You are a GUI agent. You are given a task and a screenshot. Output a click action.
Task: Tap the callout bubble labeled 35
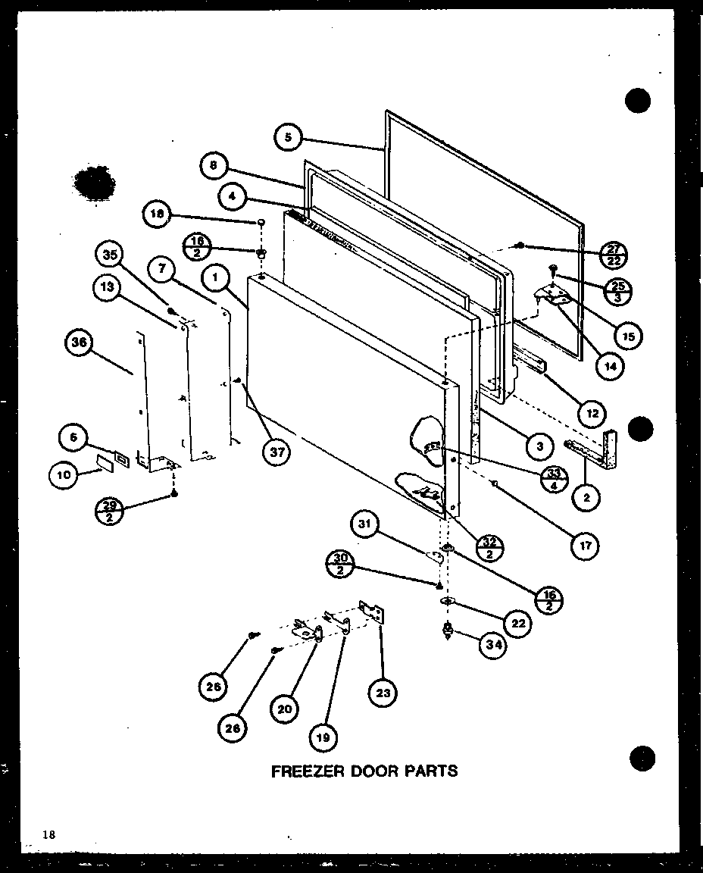pyautogui.click(x=111, y=255)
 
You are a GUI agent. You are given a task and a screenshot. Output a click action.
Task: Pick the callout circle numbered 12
pyautogui.click(x=592, y=413)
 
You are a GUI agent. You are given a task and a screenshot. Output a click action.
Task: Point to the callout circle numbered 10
pyautogui.click(x=63, y=475)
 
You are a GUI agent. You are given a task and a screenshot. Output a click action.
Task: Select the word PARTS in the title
pyautogui.click(x=430, y=771)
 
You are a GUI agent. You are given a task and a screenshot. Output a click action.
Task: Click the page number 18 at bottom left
pyautogui.click(x=49, y=835)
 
